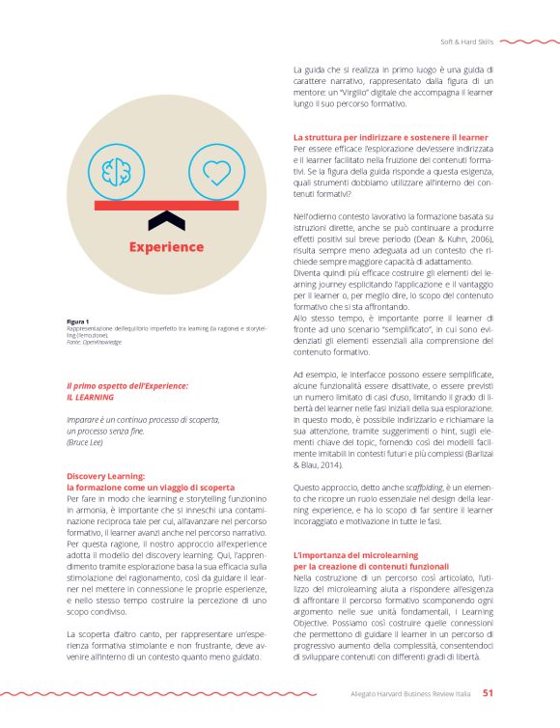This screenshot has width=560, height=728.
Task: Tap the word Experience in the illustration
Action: tap(167, 247)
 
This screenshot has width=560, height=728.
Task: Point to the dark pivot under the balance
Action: tap(171, 221)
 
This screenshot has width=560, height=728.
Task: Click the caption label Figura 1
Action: tap(78, 321)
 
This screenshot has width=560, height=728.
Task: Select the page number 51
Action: tap(489, 692)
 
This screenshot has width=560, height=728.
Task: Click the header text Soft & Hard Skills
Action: tap(466, 42)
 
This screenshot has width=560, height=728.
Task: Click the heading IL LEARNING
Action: tap(91, 397)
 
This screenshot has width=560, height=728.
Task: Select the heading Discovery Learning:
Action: tap(105, 476)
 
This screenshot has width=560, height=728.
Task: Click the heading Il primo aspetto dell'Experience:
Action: tap(126, 386)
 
